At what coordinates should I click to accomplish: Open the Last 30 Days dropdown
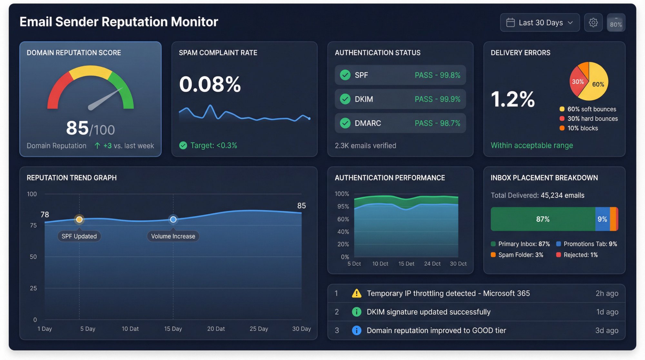point(540,23)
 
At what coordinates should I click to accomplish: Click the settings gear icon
point(593,23)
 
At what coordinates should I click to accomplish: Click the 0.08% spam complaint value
point(210,84)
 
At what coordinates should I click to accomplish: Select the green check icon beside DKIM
point(345,99)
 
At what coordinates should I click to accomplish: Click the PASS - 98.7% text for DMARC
point(437,123)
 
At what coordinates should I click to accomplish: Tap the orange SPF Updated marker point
point(79,220)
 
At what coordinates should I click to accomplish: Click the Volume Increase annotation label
point(173,236)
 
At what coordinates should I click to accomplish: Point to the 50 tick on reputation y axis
point(33,257)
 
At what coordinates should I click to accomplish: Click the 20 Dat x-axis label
point(216,329)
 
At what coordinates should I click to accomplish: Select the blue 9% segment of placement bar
point(602,219)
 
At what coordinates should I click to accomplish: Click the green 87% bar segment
point(543,219)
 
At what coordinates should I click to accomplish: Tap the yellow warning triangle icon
point(356,293)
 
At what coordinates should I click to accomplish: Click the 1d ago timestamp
point(607,312)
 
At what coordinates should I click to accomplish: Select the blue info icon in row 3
point(356,330)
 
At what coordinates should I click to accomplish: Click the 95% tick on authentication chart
point(343,206)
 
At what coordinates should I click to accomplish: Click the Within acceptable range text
point(531,145)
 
